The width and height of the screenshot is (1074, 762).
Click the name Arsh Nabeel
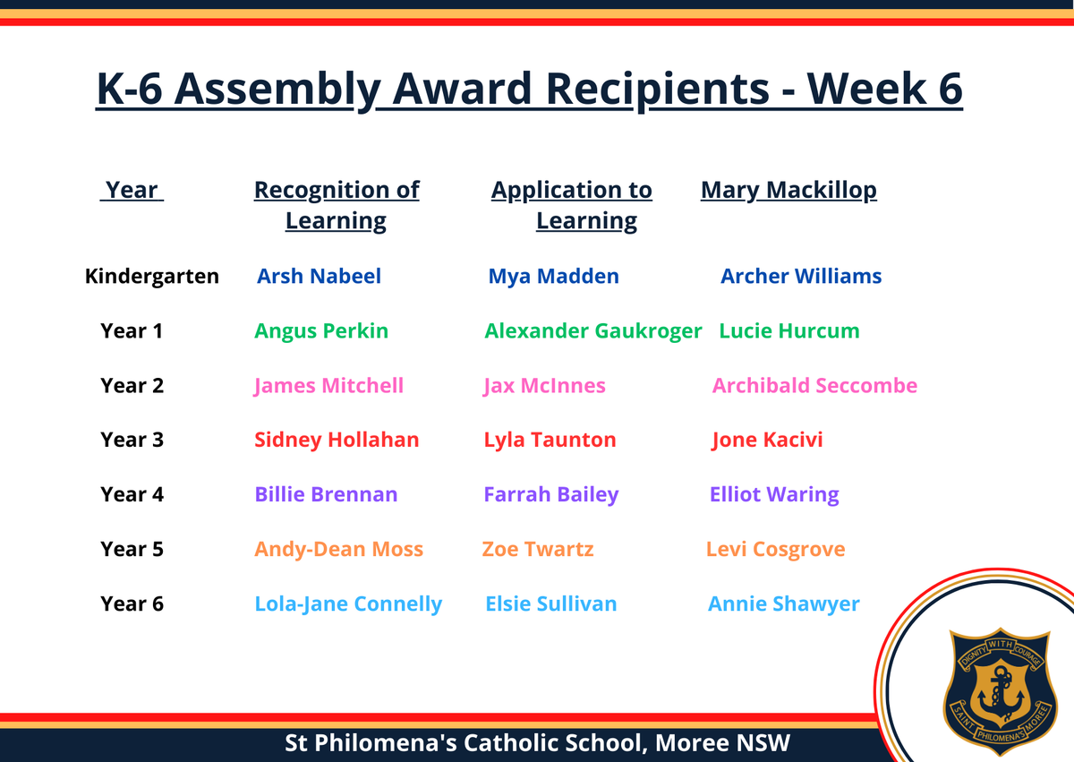pyautogui.click(x=319, y=276)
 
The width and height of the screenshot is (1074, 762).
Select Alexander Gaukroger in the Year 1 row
pyautogui.click(x=593, y=331)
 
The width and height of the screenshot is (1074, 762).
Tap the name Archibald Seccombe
pyautogui.click(x=814, y=385)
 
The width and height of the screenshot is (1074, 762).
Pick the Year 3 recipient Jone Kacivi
pyautogui.click(x=767, y=440)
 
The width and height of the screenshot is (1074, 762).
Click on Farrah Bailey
pyautogui.click(x=551, y=494)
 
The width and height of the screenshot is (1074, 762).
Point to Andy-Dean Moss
pyautogui.click(x=338, y=549)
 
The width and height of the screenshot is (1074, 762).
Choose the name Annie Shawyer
pyautogui.click(x=783, y=604)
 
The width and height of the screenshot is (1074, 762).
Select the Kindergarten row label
pyautogui.click(x=152, y=276)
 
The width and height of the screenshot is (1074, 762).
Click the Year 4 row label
pyautogui.click(x=132, y=494)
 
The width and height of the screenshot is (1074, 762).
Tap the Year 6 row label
pyautogui.click(x=132, y=604)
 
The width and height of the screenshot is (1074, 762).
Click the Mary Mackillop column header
pyautogui.click(x=788, y=191)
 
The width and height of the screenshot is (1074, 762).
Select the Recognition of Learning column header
pyautogui.click(x=337, y=205)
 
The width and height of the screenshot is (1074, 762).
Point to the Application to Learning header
pyautogui.click(x=572, y=205)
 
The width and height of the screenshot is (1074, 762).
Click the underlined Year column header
pyautogui.click(x=132, y=190)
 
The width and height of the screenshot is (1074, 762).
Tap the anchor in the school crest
pyautogui.click(x=1001, y=694)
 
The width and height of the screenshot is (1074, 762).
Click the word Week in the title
pyautogui.click(x=866, y=89)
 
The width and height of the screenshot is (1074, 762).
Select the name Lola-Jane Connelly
pyautogui.click(x=348, y=604)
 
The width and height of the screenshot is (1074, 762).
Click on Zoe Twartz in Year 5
pyautogui.click(x=538, y=549)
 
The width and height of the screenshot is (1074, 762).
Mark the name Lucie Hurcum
pyautogui.click(x=789, y=331)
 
